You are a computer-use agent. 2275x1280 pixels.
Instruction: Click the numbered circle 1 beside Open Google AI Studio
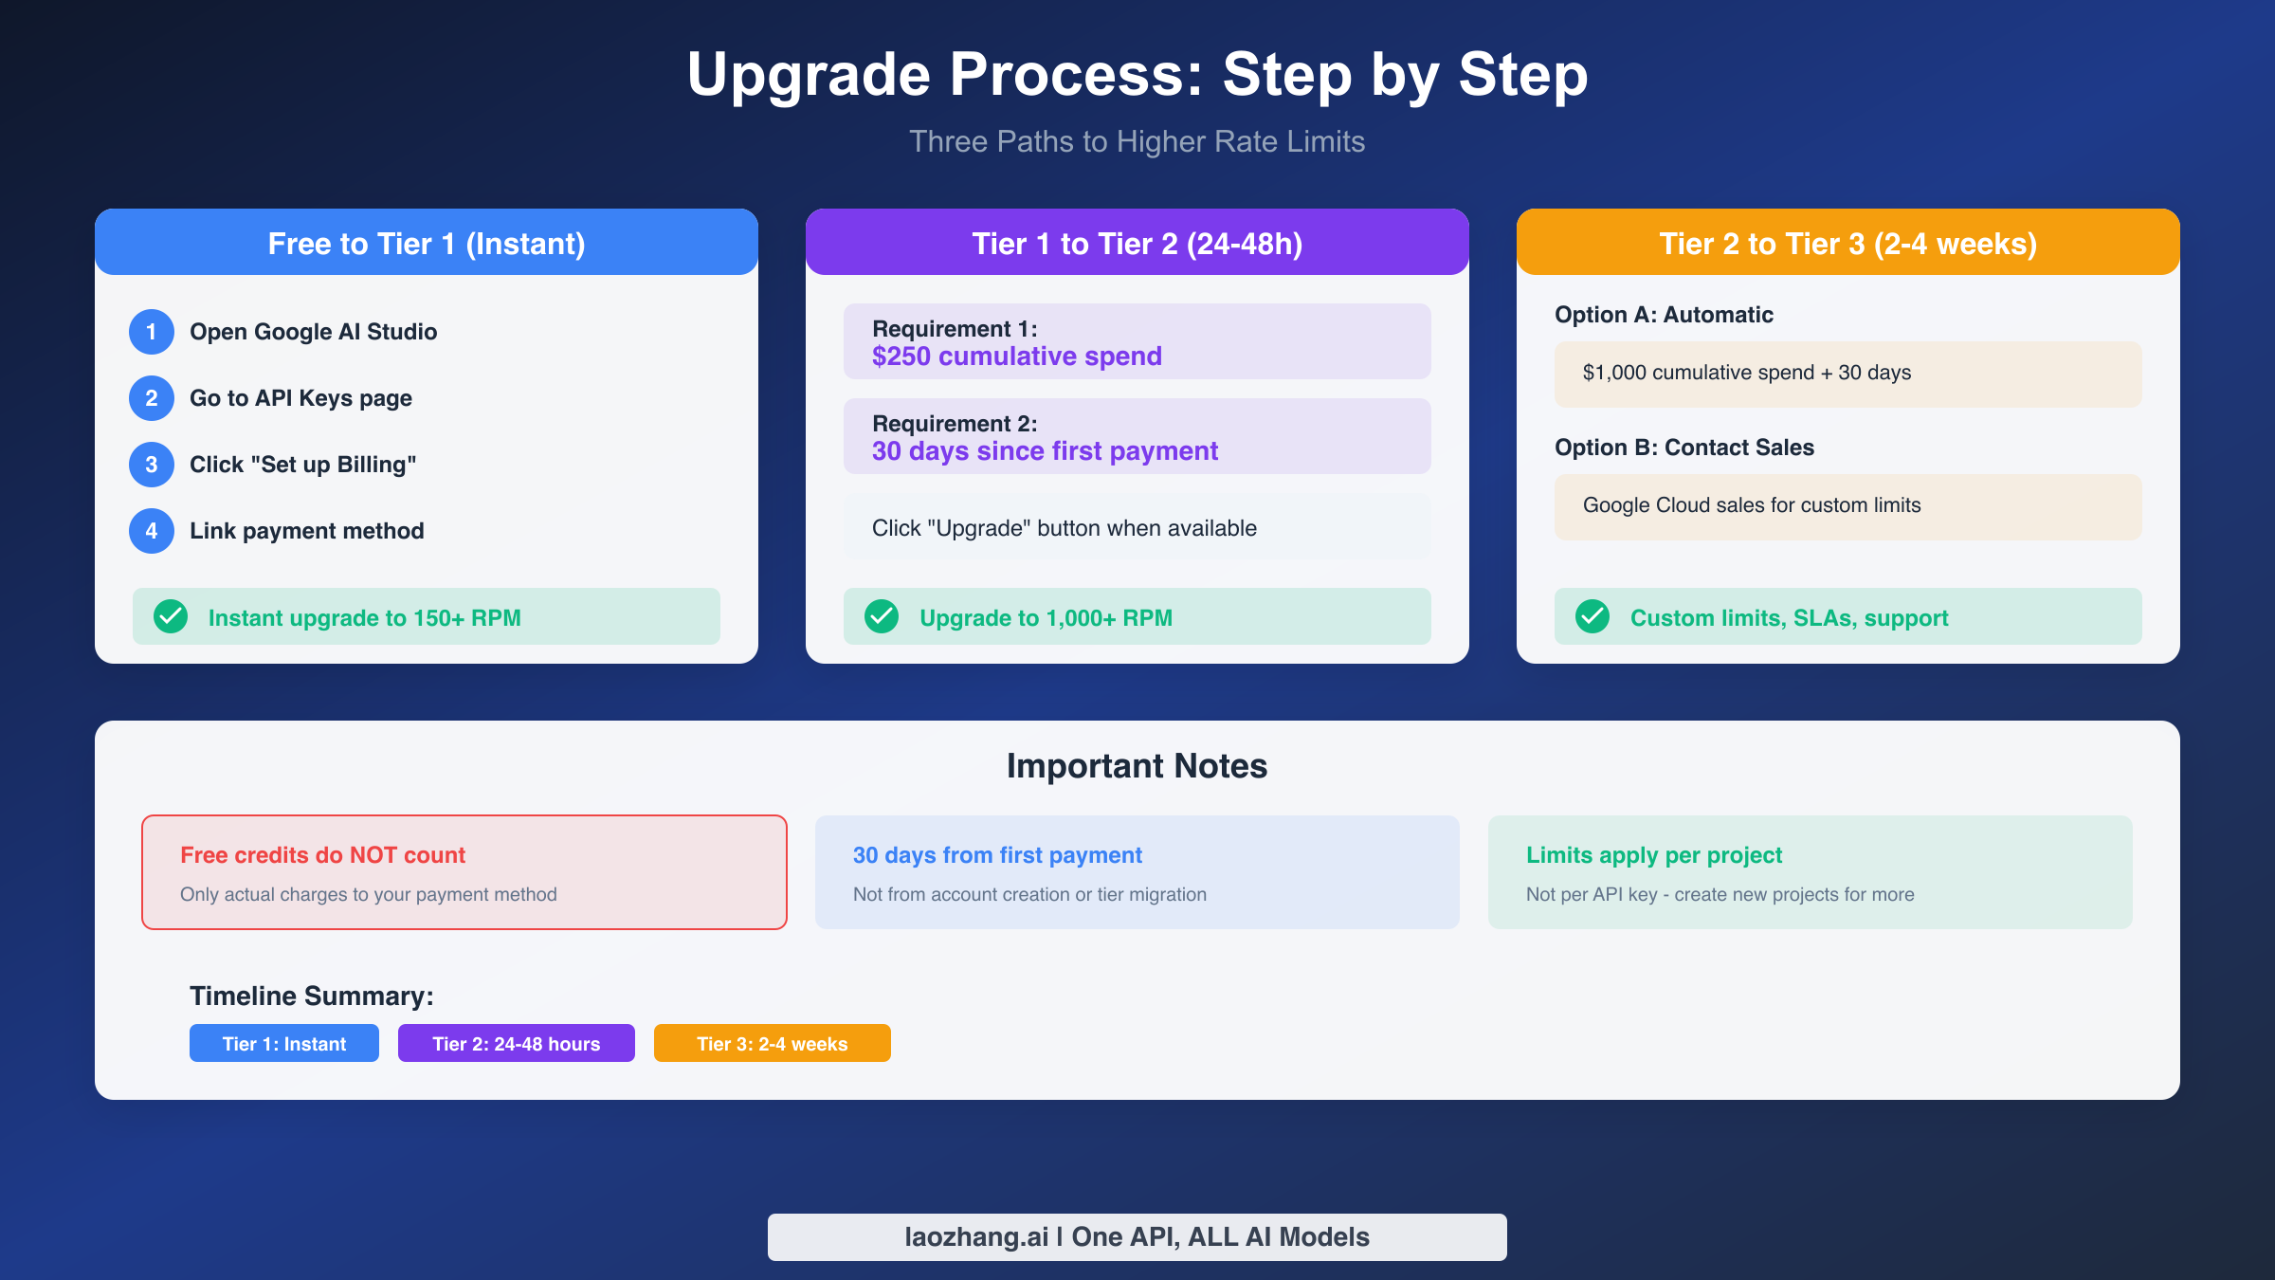tap(152, 332)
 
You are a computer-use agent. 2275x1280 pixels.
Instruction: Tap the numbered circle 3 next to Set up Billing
tap(152, 465)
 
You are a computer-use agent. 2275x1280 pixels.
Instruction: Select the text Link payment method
tap(306, 531)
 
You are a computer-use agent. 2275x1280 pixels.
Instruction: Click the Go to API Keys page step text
tap(300, 398)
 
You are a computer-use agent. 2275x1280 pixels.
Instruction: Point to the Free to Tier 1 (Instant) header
tap(427, 244)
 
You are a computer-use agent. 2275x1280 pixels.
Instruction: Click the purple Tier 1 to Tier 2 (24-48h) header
tap(1137, 244)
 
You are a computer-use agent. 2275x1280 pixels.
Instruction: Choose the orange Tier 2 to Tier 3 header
tap(1848, 244)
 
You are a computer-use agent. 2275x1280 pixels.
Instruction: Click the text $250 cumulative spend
tap(1016, 357)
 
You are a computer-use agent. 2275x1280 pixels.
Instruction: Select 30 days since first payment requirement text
tap(1045, 451)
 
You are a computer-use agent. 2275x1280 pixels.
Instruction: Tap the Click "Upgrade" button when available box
tap(1137, 527)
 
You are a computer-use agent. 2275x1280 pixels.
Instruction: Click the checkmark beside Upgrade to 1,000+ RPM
tap(882, 616)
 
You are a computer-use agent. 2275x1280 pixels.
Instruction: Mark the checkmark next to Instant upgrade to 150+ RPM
tap(171, 616)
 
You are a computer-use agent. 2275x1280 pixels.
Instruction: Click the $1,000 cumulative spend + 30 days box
tap(1848, 374)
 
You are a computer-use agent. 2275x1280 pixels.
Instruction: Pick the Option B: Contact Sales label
tap(1683, 448)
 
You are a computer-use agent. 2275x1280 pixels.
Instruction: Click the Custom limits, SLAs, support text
tap(1789, 618)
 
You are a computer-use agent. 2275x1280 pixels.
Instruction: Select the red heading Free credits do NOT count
tap(322, 855)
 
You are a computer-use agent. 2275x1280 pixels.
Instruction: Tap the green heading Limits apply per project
tap(1654, 855)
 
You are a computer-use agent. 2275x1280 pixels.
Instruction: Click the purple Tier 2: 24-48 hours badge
tap(517, 1043)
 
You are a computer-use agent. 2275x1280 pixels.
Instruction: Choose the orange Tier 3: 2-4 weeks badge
tap(773, 1043)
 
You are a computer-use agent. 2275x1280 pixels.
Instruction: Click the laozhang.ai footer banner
tap(1137, 1237)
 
